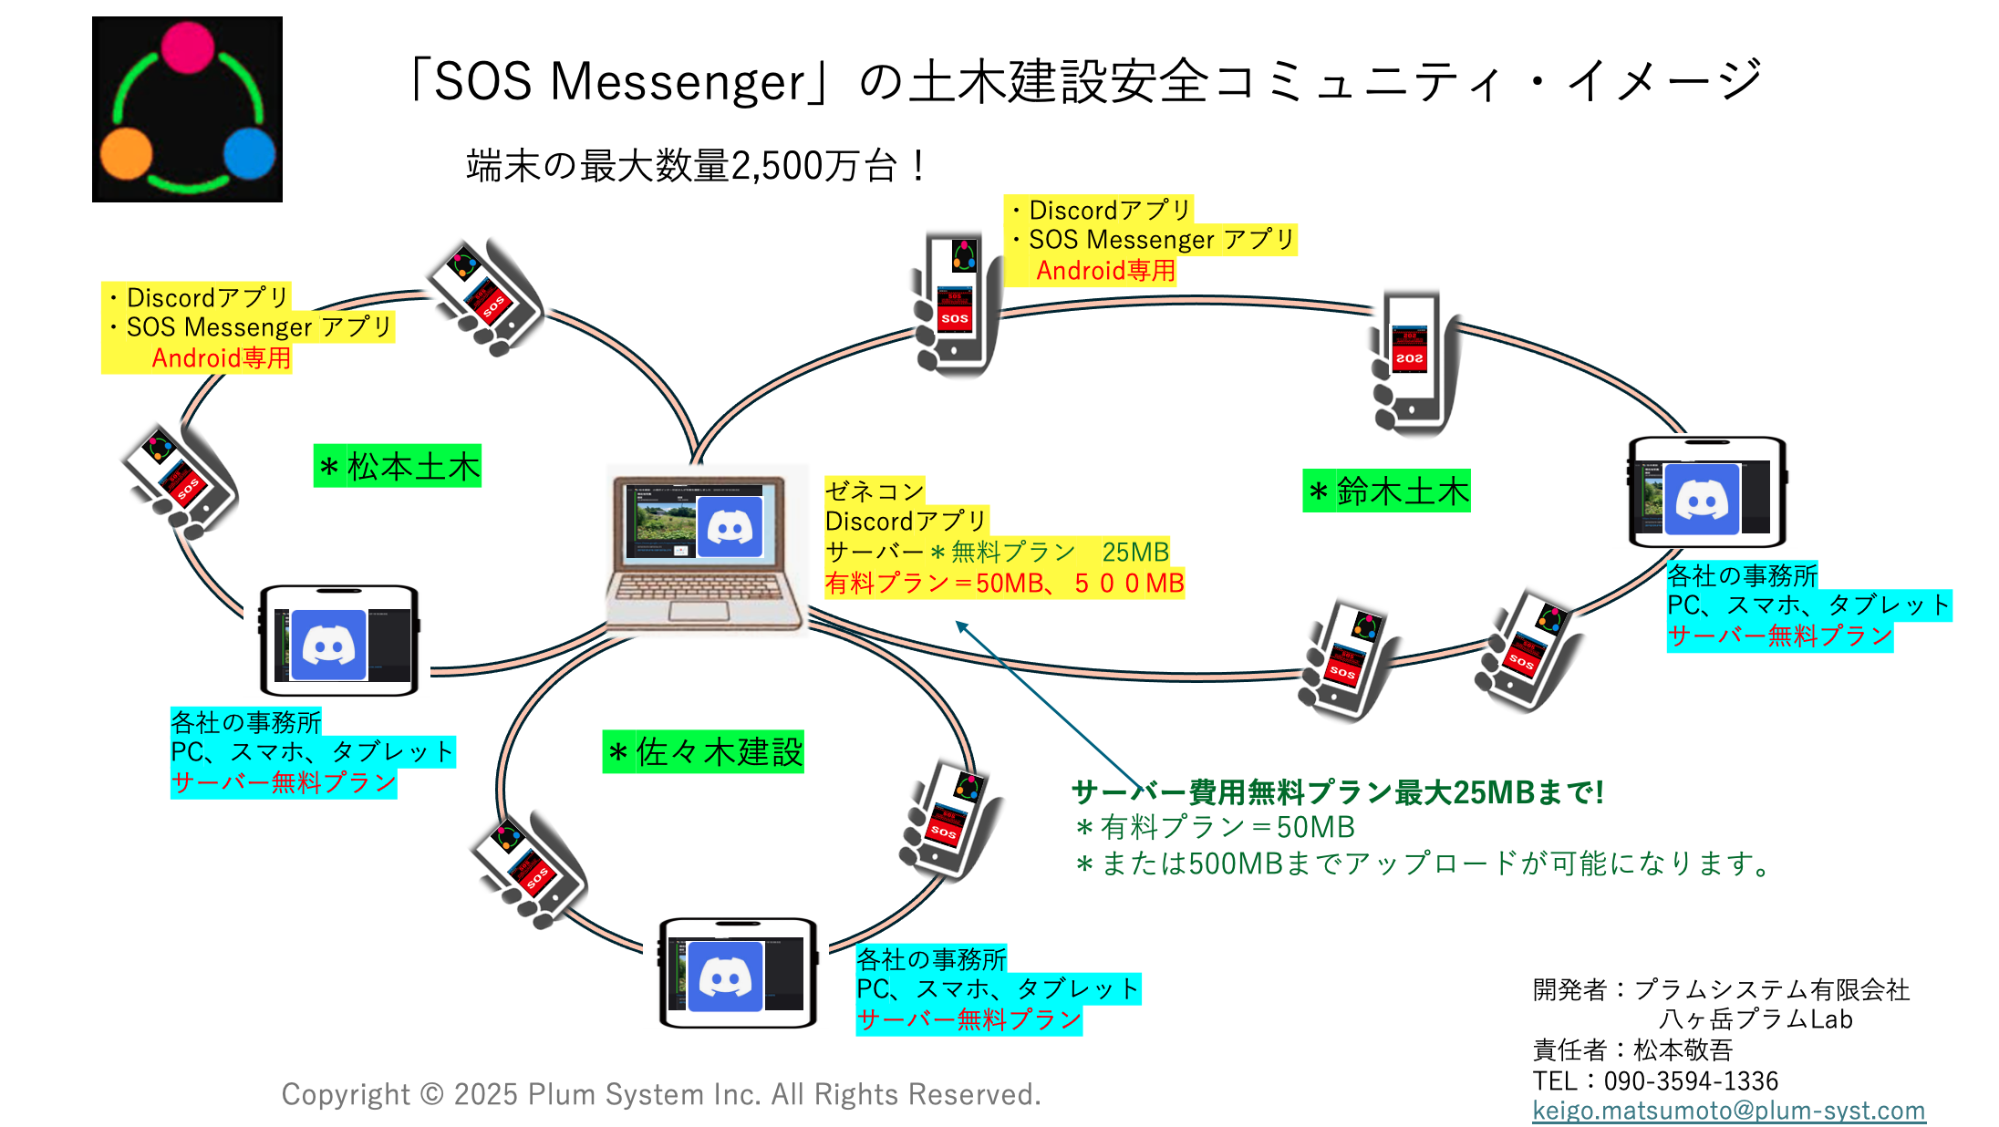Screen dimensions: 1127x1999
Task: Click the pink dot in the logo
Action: tap(188, 47)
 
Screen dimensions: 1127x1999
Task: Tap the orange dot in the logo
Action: tap(126, 153)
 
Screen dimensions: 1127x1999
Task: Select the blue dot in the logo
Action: tap(249, 153)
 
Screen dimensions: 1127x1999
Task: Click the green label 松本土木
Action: tap(398, 466)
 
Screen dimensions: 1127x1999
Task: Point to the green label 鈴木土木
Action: tap(1386, 491)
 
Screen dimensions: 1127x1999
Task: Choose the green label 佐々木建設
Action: tap(703, 752)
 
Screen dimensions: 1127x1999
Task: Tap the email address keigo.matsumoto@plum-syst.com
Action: tap(1728, 1110)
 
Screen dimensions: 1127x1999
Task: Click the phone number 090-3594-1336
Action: tap(1691, 1080)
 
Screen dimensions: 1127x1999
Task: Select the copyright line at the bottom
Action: tap(661, 1093)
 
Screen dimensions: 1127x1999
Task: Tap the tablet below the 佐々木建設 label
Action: tap(738, 974)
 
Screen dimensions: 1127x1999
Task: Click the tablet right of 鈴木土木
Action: tap(1707, 492)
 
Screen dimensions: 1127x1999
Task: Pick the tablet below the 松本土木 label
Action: tap(339, 641)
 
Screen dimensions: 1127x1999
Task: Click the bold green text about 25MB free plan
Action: tap(1338, 792)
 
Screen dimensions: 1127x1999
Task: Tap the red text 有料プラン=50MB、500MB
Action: tap(1004, 583)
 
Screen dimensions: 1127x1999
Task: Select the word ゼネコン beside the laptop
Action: tap(874, 491)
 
